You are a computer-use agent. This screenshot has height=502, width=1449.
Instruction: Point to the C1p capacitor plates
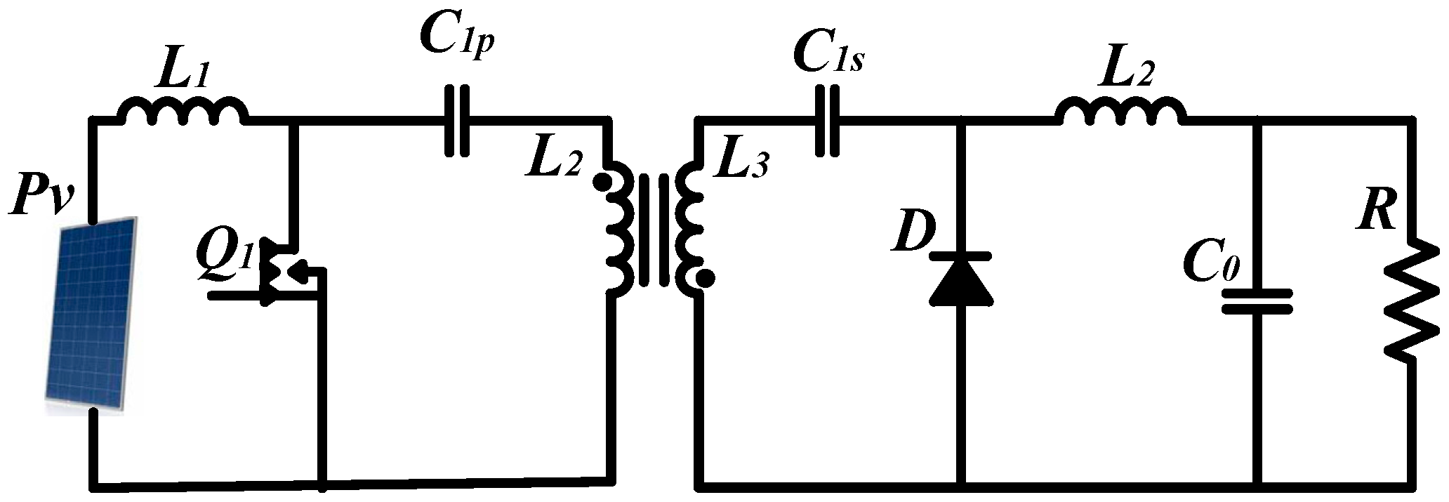click(x=457, y=121)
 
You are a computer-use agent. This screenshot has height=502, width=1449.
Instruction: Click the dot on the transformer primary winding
click(x=601, y=183)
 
